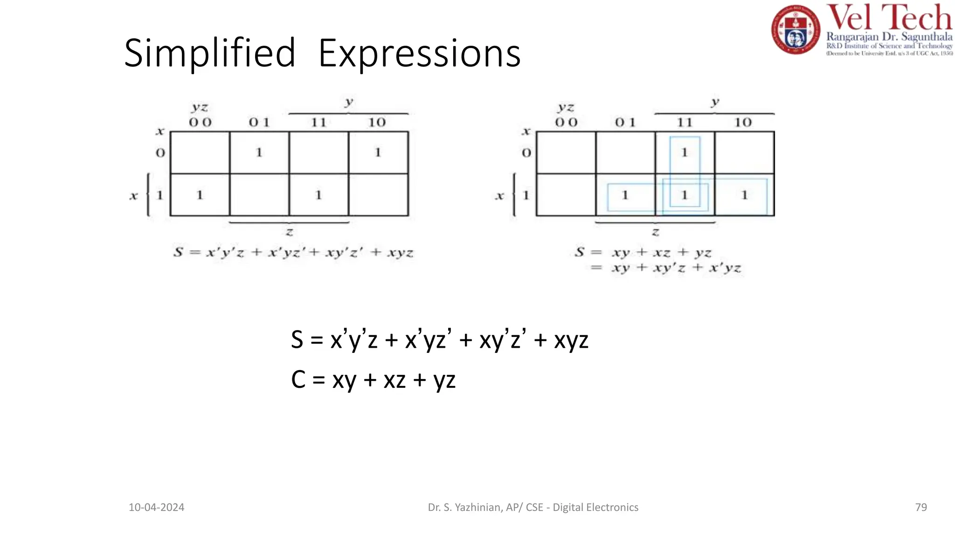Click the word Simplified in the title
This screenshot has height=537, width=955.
click(210, 53)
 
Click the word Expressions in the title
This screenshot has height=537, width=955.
click(419, 54)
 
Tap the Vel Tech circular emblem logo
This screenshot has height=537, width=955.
click(795, 29)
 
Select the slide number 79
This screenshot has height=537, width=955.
click(921, 507)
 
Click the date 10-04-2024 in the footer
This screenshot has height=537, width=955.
click(156, 507)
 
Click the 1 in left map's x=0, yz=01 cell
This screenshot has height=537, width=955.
click(259, 152)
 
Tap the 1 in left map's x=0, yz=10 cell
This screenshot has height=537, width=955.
click(378, 152)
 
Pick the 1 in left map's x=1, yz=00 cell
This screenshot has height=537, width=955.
click(200, 195)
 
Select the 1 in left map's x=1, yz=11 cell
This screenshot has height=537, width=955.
click(318, 195)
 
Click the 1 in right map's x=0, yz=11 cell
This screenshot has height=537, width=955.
click(685, 152)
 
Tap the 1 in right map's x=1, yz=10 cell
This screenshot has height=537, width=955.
click(744, 195)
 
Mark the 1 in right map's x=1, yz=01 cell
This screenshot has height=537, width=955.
click(625, 195)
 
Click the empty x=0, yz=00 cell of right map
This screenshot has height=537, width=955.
click(566, 152)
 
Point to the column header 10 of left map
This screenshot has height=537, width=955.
click(377, 123)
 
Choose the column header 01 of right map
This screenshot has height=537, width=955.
click(625, 123)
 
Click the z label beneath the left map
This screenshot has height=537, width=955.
click(290, 232)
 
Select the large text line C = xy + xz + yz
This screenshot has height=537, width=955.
click(373, 380)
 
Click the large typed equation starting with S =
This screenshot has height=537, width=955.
click(439, 340)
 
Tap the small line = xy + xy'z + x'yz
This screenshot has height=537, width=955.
click(667, 268)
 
